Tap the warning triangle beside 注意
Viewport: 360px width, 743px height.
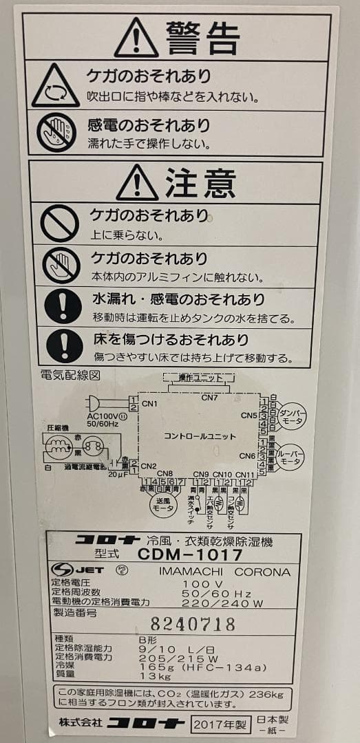(137, 183)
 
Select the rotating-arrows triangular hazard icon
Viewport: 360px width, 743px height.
(56, 86)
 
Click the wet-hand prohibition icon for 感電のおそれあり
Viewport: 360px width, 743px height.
(56, 132)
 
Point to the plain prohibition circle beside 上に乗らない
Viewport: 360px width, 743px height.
(61, 223)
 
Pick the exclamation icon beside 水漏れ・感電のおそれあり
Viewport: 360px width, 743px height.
(64, 305)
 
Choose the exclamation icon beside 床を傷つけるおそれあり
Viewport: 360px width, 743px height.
(64, 345)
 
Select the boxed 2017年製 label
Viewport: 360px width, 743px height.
(218, 724)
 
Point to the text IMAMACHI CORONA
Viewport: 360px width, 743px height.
(224, 572)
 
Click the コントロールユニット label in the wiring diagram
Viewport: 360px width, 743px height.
(200, 436)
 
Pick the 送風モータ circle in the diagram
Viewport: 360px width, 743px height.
(163, 504)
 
